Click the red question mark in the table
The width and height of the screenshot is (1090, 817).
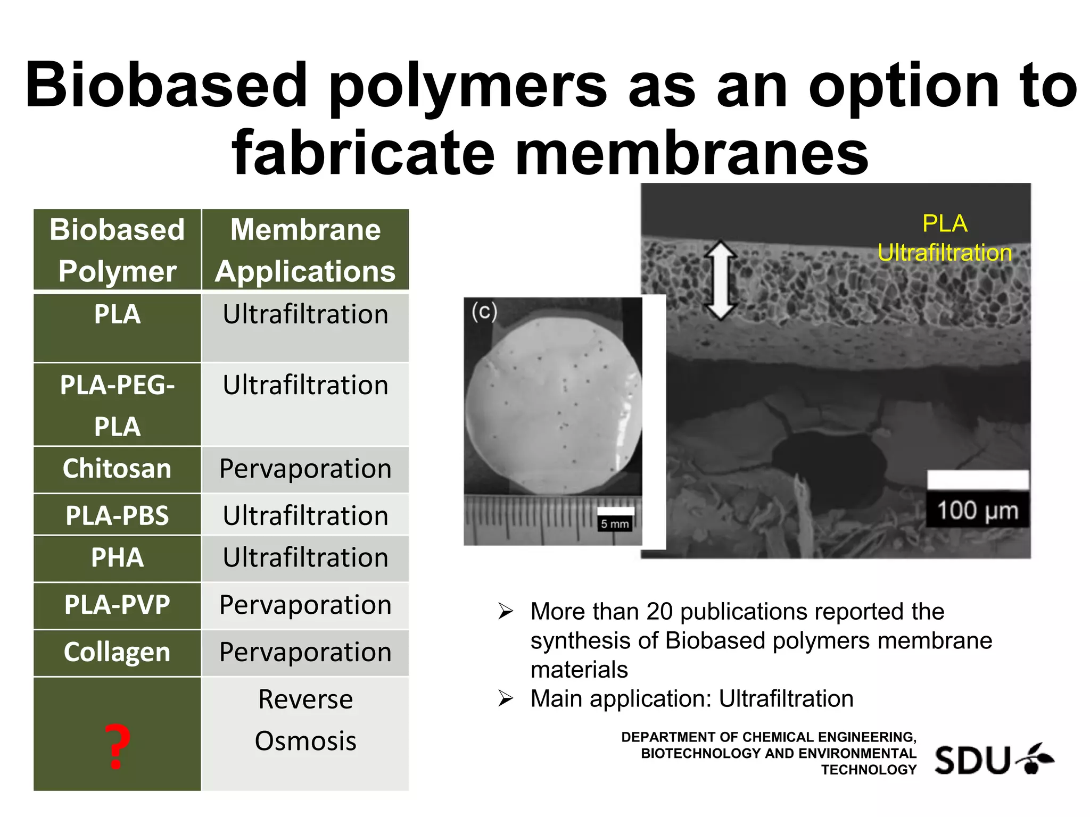[117, 746]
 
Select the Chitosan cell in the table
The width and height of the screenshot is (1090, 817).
[117, 469]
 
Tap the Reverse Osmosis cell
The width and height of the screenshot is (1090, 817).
[305, 720]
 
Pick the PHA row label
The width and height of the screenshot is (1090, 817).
[117, 557]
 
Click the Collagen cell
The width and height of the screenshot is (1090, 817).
[117, 652]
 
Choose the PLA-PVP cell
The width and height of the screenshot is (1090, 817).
[117, 605]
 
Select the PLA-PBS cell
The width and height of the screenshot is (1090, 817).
[117, 515]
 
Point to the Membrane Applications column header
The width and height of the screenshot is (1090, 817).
[305, 250]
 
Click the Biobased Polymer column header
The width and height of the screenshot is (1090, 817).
[117, 250]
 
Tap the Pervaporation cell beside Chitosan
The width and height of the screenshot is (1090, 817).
[305, 469]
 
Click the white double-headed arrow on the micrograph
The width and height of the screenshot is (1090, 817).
[721, 280]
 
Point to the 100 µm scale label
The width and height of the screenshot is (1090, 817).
[977, 511]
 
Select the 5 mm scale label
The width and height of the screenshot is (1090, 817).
[615, 524]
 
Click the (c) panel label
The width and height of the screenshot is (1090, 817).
[484, 312]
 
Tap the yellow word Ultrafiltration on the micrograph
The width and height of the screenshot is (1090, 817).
[945, 253]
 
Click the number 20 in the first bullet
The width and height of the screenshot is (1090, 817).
[659, 612]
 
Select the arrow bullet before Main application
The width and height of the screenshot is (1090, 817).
[506, 698]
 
